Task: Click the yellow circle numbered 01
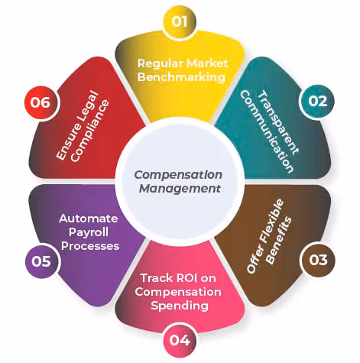pyautogui.click(x=180, y=21)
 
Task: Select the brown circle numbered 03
pyautogui.click(x=318, y=261)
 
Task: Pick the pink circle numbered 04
pyautogui.click(x=180, y=338)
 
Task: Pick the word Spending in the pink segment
pyautogui.click(x=180, y=306)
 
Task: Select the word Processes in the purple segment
pyautogui.click(x=89, y=246)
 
